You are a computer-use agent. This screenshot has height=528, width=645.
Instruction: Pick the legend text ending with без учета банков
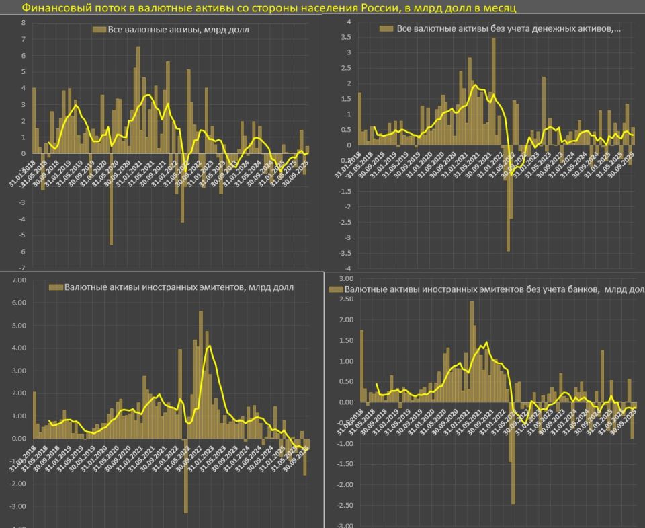pos(490,289)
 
